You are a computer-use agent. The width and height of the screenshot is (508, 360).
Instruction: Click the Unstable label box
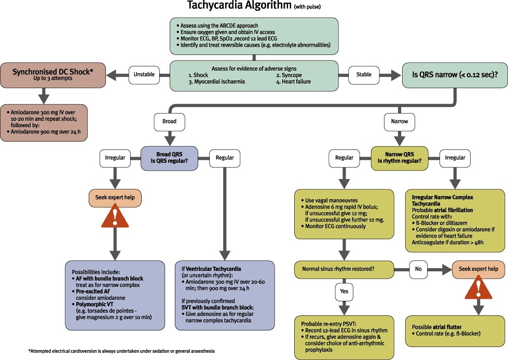click(x=144, y=74)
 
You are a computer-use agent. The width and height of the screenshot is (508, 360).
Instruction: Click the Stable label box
click(x=364, y=74)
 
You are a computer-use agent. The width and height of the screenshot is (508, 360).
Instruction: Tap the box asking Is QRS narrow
click(x=454, y=75)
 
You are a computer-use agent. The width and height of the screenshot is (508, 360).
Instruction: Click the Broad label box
click(x=170, y=121)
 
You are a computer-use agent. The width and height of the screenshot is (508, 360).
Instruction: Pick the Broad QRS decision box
click(x=170, y=158)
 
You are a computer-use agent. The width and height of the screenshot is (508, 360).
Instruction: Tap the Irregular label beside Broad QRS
click(x=115, y=158)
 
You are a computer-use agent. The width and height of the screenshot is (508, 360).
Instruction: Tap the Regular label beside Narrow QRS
click(x=345, y=158)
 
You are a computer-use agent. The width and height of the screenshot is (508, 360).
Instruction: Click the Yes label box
click(x=344, y=292)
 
